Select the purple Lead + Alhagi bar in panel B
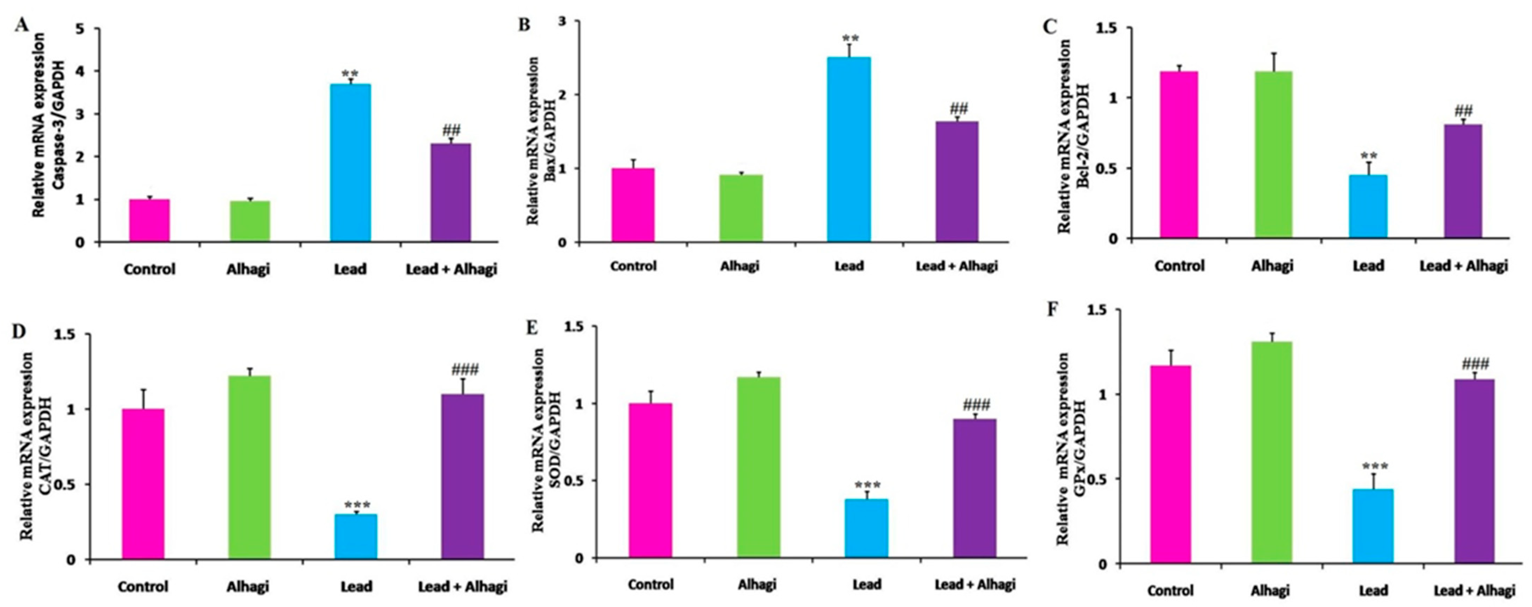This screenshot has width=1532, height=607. coord(957,181)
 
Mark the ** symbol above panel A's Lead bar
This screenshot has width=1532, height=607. coord(350,74)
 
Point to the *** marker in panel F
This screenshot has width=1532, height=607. coord(1373,466)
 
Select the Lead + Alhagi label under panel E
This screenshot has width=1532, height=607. coord(975,585)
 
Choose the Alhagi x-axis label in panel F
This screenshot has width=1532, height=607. coord(1270,591)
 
